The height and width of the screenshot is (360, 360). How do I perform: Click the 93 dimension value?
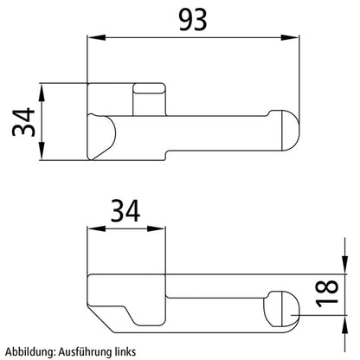pyautogui.click(x=192, y=19)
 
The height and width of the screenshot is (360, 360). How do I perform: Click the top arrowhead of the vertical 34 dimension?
pyautogui.click(x=42, y=87)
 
